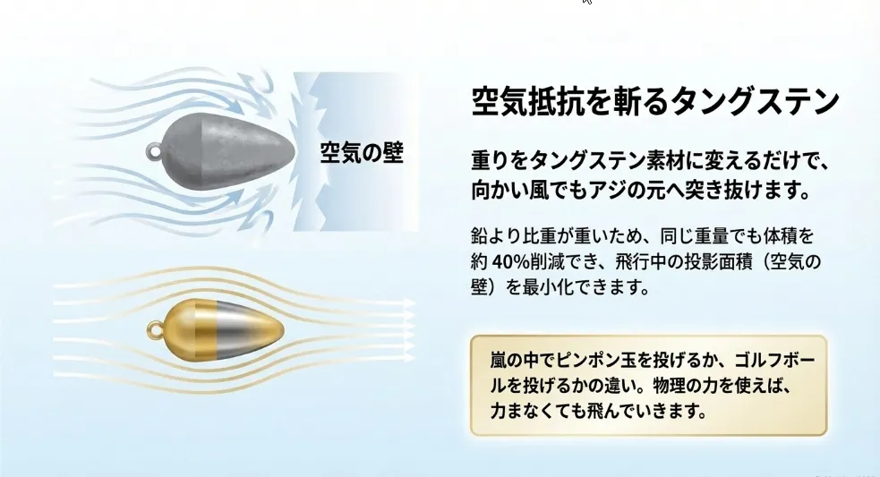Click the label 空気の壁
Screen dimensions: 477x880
[x=362, y=153]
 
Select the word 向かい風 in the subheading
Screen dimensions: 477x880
[x=506, y=191]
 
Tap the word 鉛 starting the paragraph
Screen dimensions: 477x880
[x=479, y=236]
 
